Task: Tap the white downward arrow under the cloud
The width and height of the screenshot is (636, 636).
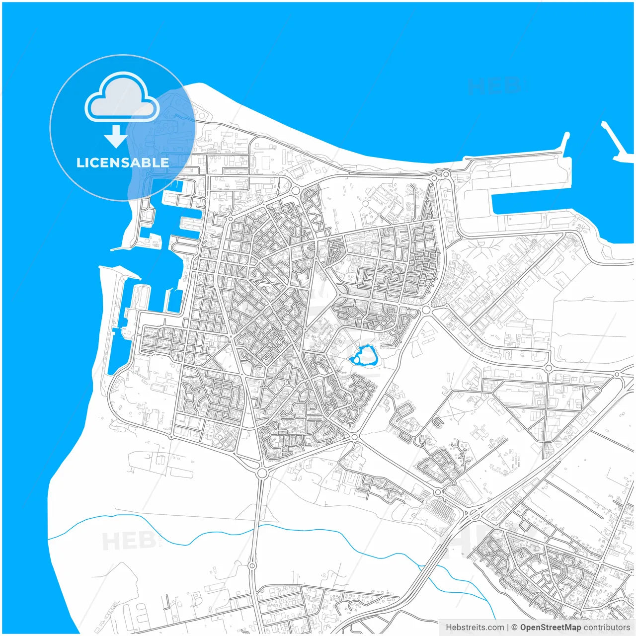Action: (116, 137)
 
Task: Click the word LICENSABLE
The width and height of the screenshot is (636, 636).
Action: (122, 162)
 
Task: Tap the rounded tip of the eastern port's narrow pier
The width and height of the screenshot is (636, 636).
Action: (566, 136)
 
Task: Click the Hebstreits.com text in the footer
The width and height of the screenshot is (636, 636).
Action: (475, 628)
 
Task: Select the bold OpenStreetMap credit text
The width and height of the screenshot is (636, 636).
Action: (551, 628)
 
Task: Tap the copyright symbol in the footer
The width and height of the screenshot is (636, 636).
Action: (514, 628)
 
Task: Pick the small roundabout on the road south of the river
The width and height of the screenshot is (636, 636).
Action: (252, 565)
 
